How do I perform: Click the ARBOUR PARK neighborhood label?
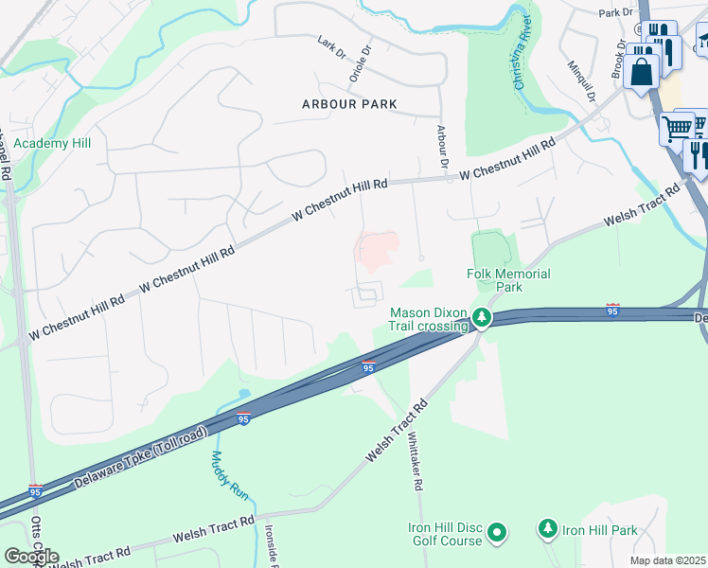pos(349,103)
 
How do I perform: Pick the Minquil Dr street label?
pos(580,81)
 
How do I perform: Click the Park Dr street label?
pos(615,12)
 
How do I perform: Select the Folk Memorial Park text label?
pos(508,280)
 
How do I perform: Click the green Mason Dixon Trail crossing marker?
pos(482,317)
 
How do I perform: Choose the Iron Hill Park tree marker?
pos(547,529)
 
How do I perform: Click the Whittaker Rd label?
pos(415,461)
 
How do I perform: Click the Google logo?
pos(30,556)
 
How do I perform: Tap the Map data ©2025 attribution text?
pos(668,560)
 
